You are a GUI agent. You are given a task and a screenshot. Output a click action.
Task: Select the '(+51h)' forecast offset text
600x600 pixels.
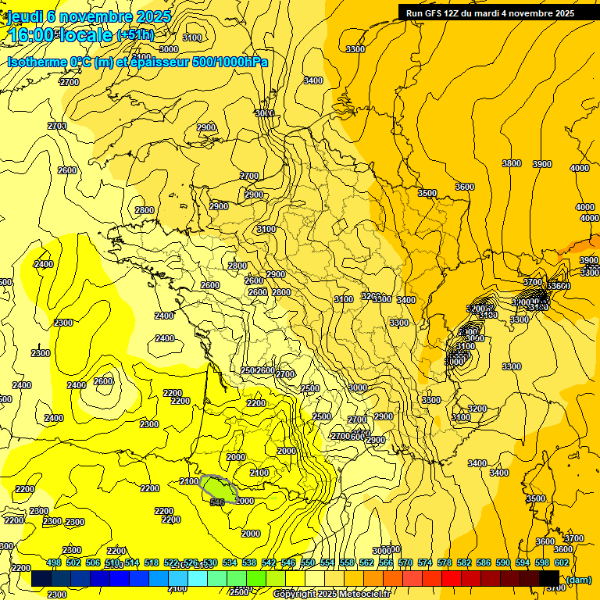coord(135,35)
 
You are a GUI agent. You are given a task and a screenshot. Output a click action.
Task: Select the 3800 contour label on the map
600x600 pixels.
coord(512,163)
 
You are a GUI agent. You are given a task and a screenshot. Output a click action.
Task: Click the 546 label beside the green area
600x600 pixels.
coord(217,502)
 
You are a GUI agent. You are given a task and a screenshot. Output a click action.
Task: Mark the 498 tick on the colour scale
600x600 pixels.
coord(54,562)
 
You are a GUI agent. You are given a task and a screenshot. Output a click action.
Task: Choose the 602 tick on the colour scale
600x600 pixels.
coord(562,562)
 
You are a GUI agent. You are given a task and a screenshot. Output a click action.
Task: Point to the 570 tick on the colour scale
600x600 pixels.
coord(405,562)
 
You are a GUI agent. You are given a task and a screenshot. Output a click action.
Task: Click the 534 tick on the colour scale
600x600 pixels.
coord(230,562)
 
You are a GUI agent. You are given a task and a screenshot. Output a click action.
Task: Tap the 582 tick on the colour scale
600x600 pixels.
coord(464,562)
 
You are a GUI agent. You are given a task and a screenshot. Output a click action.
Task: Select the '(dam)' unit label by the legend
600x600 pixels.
coord(578,579)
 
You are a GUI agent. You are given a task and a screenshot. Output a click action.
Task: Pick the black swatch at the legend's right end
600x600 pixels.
coord(548,579)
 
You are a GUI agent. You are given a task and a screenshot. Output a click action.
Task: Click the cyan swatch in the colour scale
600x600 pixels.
coord(198,579)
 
